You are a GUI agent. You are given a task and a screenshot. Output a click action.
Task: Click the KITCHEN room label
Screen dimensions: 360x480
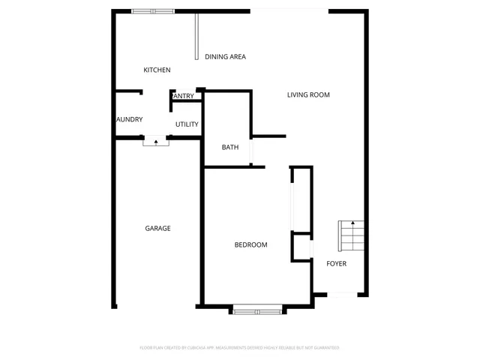[157, 70]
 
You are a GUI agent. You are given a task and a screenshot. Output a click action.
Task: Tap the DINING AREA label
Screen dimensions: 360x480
[225, 57]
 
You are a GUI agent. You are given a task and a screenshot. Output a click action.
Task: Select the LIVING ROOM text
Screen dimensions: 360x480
[308, 95]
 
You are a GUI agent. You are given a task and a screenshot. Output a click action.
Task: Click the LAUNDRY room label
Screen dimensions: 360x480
[129, 120]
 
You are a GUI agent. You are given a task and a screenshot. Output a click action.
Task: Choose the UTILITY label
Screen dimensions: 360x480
[187, 124]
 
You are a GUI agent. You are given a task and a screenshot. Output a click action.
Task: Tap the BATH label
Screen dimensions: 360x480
[230, 147]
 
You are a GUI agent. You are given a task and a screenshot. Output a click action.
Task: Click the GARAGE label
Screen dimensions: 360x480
[157, 229]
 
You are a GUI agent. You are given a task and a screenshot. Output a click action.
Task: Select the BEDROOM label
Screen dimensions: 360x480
[250, 245]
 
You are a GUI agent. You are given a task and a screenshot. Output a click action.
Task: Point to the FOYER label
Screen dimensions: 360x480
[336, 264]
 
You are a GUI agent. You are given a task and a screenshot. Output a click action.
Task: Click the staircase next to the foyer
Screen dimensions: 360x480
[351, 236]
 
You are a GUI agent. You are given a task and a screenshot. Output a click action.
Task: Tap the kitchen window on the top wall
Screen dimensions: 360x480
[153, 11]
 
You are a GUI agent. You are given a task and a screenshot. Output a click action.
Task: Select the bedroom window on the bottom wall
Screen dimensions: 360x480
[256, 309]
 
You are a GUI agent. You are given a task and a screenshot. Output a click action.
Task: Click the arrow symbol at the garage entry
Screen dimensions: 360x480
[156, 140]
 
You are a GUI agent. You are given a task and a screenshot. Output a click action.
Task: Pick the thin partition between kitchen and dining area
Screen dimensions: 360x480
[197, 36]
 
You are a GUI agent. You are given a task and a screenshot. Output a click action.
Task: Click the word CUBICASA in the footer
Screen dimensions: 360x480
[195, 348]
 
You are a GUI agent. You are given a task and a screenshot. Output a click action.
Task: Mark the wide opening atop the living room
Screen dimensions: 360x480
[289, 10]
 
